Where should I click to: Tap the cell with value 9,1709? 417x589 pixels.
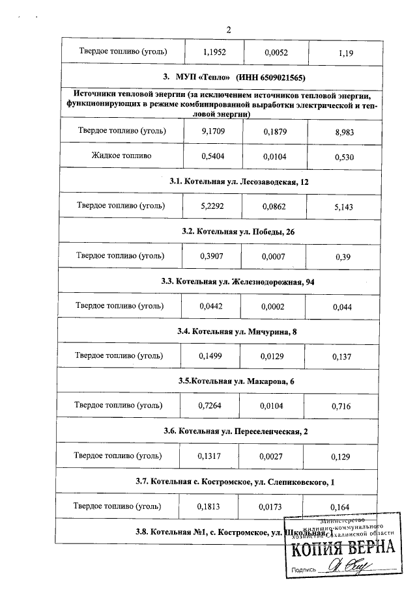pos(211,131)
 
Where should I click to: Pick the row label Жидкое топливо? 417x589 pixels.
pos(122,156)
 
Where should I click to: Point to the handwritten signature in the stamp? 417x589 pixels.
pos(345,567)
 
